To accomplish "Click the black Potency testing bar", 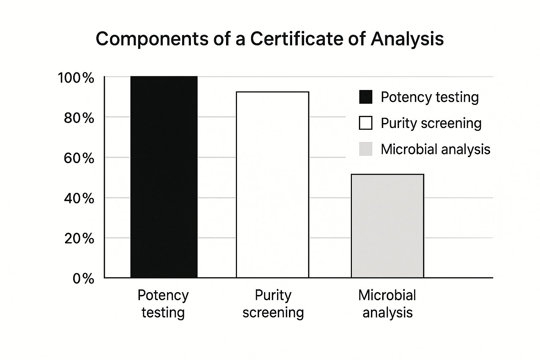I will coord(164,177).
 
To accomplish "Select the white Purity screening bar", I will coord(272,185).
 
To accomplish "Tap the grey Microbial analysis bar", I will coord(387,226).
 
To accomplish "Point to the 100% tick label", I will coord(76,78).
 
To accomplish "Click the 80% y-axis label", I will coord(79,118).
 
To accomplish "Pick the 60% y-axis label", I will coord(79,158).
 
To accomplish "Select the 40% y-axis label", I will coord(79,199).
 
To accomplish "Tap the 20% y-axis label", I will coord(79,239).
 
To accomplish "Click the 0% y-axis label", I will coord(84,279).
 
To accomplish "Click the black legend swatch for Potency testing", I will coord(366,97).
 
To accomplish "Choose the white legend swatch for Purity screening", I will coord(366,123).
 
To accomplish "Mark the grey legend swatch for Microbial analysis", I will coord(366,149).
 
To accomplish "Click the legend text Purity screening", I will coord(431,123).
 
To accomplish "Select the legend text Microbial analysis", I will coord(435,149).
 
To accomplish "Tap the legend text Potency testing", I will coord(430,97).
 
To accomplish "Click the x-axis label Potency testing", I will coord(163,304).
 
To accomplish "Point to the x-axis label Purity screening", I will coord(273,304).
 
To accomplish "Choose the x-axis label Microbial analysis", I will coord(387,304).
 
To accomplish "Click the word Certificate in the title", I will coord(296,39).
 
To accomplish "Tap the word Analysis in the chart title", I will coord(407,39).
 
